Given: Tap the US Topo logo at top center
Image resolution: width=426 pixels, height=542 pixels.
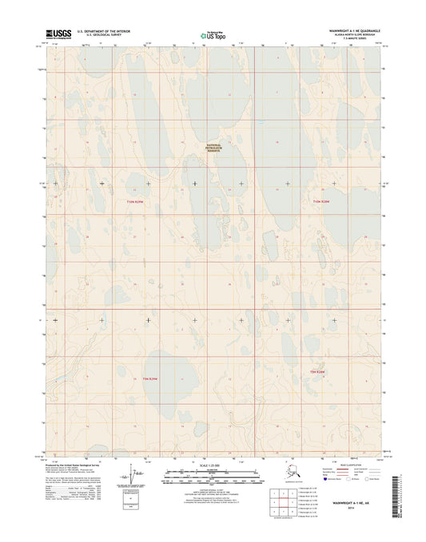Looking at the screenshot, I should click(213, 34).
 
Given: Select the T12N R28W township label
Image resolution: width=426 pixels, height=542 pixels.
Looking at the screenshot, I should click(320, 200).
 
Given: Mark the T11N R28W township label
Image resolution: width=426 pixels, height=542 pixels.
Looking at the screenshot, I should click(319, 370).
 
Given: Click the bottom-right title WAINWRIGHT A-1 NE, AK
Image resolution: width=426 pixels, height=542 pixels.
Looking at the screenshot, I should click(351, 503).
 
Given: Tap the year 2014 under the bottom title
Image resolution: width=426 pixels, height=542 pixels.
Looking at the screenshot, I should click(351, 508).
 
